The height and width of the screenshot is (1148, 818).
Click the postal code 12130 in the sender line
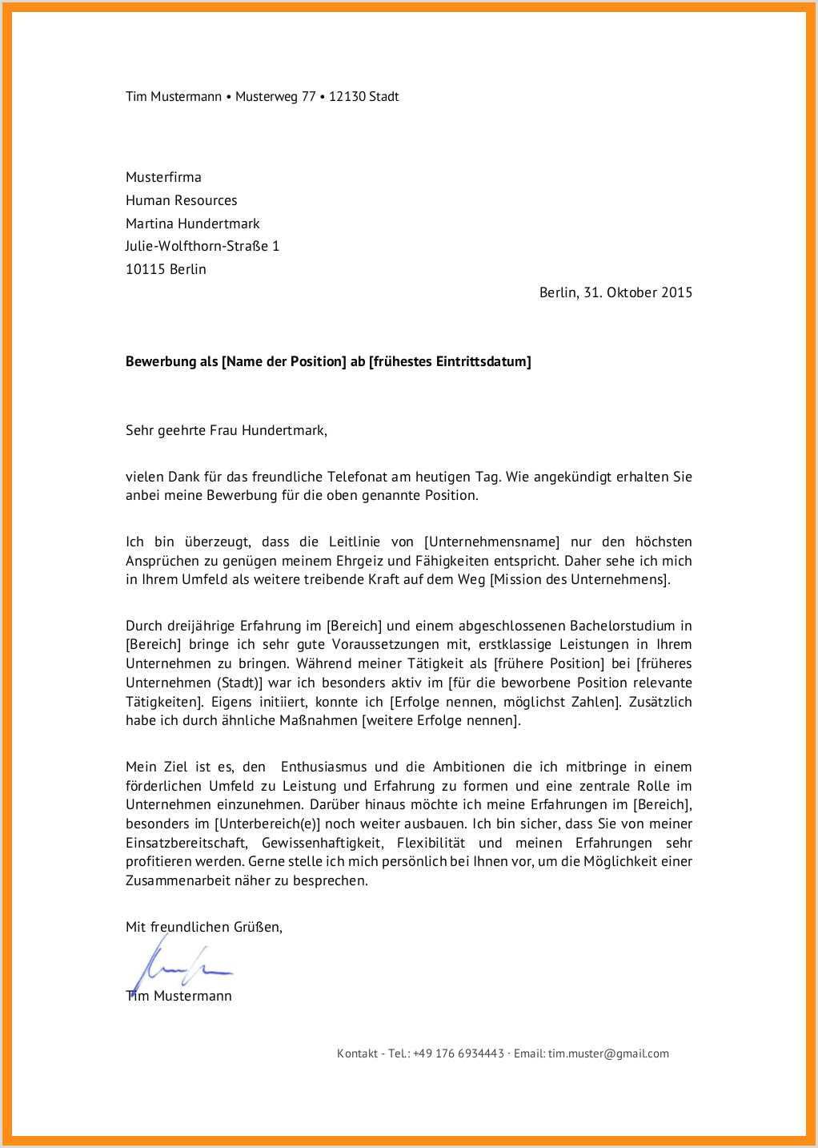pyautogui.click(x=347, y=97)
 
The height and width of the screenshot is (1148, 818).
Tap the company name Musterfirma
pyautogui.click(x=163, y=177)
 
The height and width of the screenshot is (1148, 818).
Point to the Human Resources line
pyautogui.click(x=181, y=200)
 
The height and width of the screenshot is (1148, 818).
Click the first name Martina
pyautogui.click(x=150, y=224)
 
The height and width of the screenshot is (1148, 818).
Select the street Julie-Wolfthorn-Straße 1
pyautogui.click(x=202, y=246)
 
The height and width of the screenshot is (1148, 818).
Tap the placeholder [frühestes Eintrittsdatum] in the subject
pyautogui.click(x=450, y=361)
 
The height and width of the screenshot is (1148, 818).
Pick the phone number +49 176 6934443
pyautogui.click(x=459, y=1053)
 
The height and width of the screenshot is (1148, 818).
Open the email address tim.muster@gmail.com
pyautogui.click(x=608, y=1053)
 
